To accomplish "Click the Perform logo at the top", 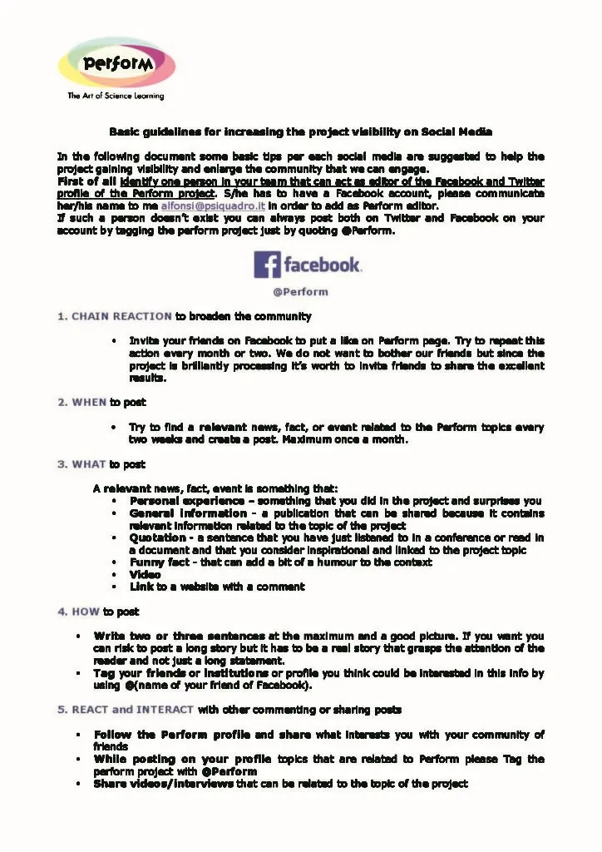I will coord(116,62).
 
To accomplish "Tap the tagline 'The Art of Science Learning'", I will coord(116,97).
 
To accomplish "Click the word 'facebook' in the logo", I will coord(322,265).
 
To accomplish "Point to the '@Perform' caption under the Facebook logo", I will coord(300,292).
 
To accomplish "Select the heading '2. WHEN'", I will coord(81,403).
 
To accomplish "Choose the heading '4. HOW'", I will coord(78,612).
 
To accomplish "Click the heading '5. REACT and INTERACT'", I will coord(126,710).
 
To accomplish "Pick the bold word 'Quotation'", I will coord(157,538).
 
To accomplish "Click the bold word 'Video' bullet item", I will coord(145,575).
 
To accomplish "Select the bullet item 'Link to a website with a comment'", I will coord(217,587).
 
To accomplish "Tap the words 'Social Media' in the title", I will coord(456,131).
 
